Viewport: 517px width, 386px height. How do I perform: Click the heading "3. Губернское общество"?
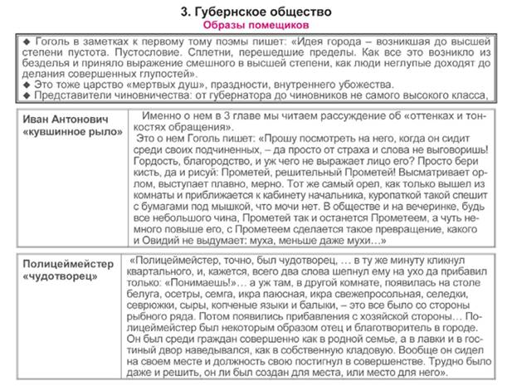[257, 12]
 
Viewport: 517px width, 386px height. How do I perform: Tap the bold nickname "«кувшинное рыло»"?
[74, 131]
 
